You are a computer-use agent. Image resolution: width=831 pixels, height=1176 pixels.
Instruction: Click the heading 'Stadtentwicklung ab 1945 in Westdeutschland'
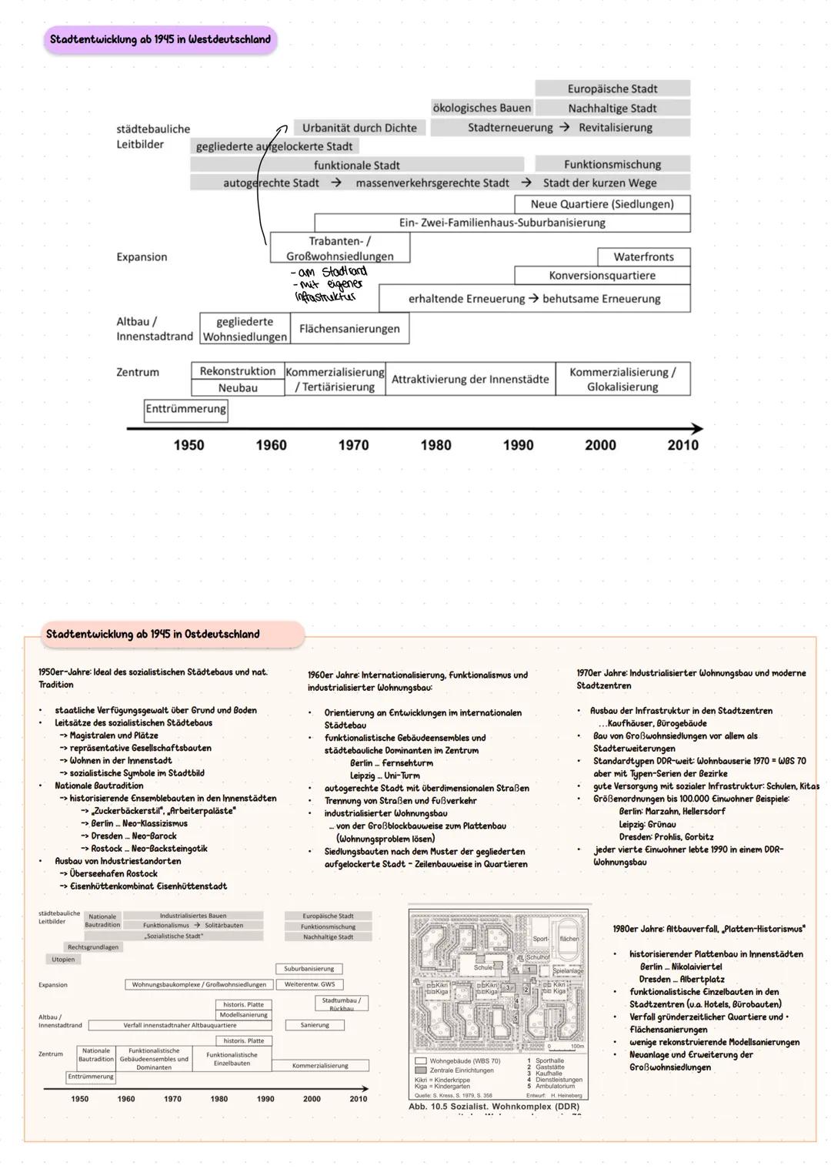[160, 39]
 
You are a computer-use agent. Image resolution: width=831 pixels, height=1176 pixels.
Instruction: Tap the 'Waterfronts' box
[643, 256]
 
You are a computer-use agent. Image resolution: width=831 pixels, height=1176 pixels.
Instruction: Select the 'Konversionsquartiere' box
[602, 276]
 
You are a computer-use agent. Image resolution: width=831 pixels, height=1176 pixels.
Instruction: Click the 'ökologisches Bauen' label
[482, 109]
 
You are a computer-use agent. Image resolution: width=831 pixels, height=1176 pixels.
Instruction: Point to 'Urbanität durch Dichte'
[359, 128]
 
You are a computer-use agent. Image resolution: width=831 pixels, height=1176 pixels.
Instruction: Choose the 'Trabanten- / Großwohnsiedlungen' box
[339, 249]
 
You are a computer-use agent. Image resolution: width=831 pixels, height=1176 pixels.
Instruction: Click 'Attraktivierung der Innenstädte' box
[470, 379]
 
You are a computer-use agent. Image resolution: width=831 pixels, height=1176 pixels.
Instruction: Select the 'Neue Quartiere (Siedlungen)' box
[602, 204]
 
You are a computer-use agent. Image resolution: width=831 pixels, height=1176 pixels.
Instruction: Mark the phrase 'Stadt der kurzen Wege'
[599, 183]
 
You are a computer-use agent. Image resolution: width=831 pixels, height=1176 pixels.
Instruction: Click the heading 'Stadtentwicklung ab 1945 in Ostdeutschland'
[152, 635]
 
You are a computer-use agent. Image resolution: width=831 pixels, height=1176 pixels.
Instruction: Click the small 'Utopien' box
[63, 960]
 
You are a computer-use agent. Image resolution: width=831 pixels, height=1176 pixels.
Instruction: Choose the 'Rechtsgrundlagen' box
[93, 947]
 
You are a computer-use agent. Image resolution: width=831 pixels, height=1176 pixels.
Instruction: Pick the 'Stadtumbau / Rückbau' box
[341, 1003]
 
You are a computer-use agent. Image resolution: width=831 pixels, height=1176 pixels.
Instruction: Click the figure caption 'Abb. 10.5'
[428, 1107]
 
